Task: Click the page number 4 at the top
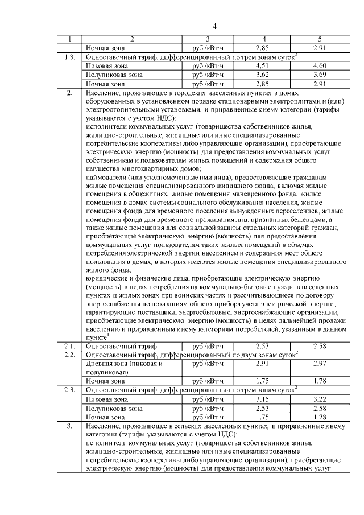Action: tap(214, 26)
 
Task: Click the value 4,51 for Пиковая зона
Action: tap(262, 65)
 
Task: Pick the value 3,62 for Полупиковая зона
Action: tap(262, 75)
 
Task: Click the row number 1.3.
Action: tap(69, 56)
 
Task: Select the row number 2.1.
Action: tap(69, 345)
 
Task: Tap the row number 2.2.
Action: tap(69, 355)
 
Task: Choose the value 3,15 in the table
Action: tap(262, 399)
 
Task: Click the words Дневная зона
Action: tap(105, 363)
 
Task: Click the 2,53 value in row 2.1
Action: tap(262, 345)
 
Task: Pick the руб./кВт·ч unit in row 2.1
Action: tap(209, 345)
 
